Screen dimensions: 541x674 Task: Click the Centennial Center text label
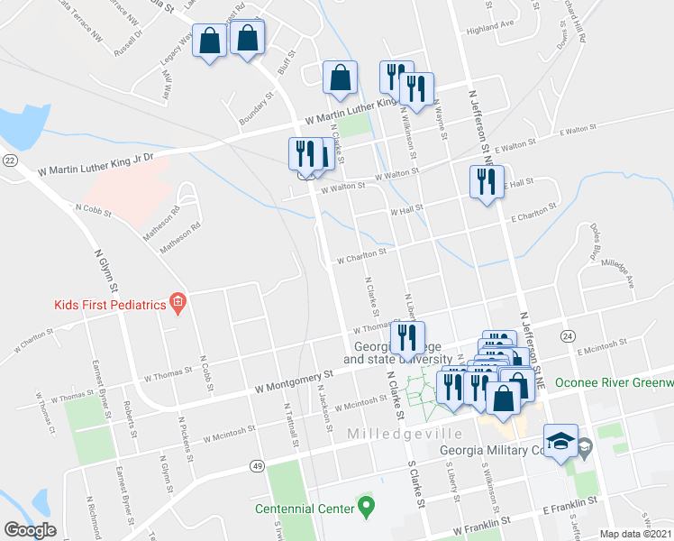coord(305,509)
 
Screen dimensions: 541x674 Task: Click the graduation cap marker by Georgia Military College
coord(560,441)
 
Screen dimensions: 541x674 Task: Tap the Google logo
coord(31,529)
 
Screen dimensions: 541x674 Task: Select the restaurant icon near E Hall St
coord(487,183)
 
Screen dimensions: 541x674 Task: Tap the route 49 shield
coord(258,466)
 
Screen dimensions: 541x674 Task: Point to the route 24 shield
coord(567,335)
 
